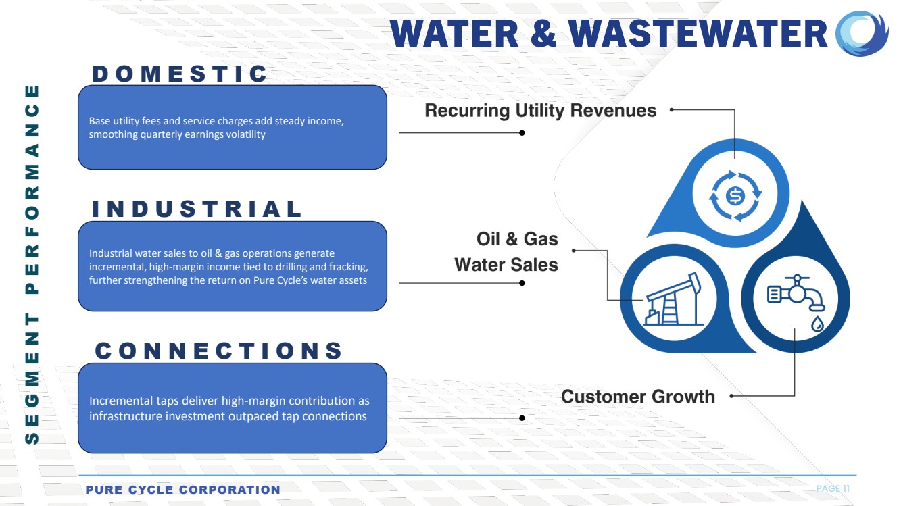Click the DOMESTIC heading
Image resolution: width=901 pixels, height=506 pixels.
coord(180,74)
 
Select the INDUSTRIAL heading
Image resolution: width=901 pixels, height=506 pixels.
coord(197,209)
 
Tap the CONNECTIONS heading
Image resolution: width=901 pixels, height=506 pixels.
coord(219,351)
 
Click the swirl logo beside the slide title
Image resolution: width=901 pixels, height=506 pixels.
coord(862,34)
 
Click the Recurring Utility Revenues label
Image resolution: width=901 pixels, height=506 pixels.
coord(540,110)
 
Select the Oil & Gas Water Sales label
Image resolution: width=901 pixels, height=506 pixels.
coord(506,251)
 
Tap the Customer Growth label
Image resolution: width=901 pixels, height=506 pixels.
coord(637,396)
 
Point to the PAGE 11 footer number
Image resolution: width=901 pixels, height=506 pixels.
coord(833,488)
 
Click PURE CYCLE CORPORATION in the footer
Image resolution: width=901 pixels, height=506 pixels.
coord(182,490)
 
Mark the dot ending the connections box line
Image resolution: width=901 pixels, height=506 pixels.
coord(522,418)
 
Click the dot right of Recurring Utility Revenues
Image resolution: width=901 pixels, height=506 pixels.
coord(672,109)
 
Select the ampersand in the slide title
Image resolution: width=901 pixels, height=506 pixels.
coord(542,34)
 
